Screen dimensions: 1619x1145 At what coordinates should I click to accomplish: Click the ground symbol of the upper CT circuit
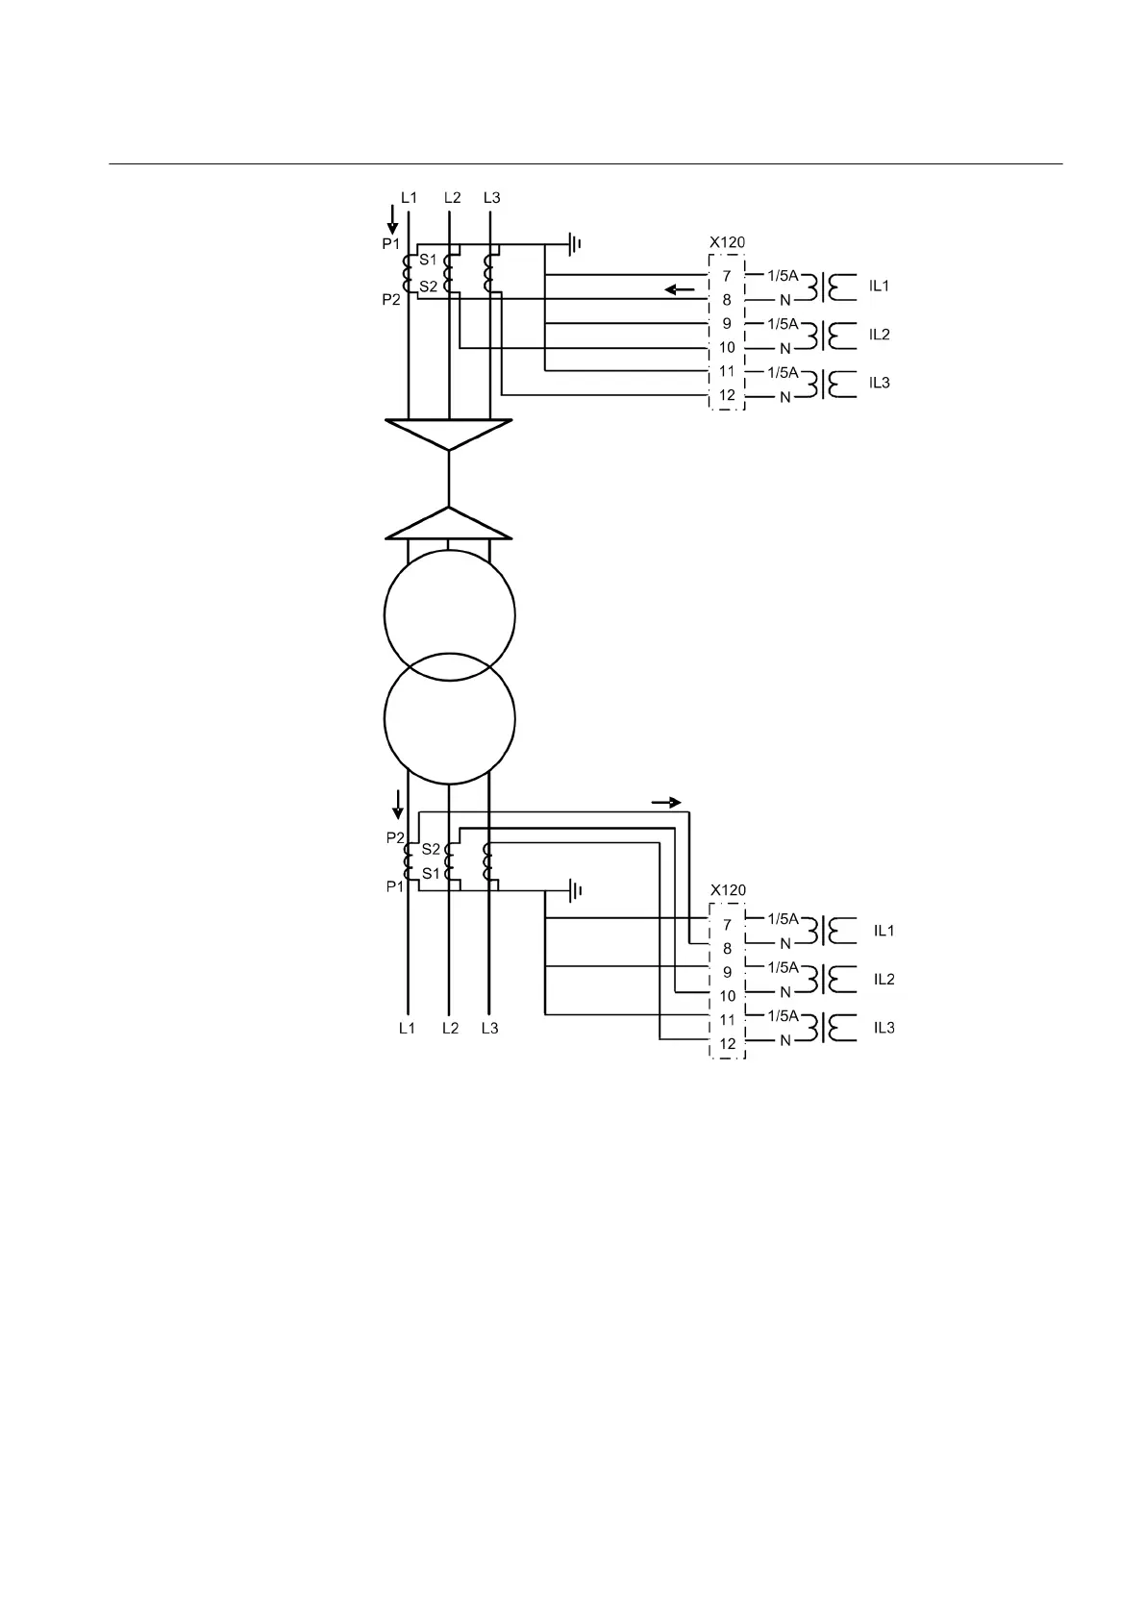tap(575, 244)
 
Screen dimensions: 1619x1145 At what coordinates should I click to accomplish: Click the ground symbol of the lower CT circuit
tap(575, 891)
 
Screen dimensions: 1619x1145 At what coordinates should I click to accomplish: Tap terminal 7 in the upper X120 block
tap(727, 276)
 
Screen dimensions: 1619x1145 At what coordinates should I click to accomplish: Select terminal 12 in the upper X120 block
tap(727, 395)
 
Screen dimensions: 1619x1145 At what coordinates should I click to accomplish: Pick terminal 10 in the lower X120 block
tap(728, 996)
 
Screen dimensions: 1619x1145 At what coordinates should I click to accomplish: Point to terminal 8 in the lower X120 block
tap(728, 948)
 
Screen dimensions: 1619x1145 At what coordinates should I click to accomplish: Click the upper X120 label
tap(728, 242)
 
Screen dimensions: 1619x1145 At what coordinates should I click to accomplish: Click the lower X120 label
tap(728, 890)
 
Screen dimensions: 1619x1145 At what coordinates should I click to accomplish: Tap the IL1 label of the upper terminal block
tap(879, 286)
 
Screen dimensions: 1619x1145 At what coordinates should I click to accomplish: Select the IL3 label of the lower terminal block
tap(884, 1028)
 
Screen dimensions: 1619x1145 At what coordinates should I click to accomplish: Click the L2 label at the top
tap(452, 198)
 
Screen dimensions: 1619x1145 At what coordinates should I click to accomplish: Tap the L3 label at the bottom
tap(489, 1028)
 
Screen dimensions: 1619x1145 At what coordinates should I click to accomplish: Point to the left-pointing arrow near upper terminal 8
tap(680, 288)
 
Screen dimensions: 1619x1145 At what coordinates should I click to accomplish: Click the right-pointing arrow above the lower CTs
tap(666, 802)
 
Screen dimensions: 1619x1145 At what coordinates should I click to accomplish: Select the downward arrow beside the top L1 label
tap(392, 219)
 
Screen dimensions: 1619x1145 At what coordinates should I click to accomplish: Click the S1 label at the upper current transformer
tap(428, 261)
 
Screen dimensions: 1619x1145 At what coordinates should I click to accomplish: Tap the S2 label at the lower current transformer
tap(431, 849)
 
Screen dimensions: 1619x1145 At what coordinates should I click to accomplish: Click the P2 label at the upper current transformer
tap(391, 300)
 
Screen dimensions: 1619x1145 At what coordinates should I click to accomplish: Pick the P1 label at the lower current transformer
tap(395, 886)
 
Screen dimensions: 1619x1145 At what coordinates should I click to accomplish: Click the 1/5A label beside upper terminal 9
tap(783, 323)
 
